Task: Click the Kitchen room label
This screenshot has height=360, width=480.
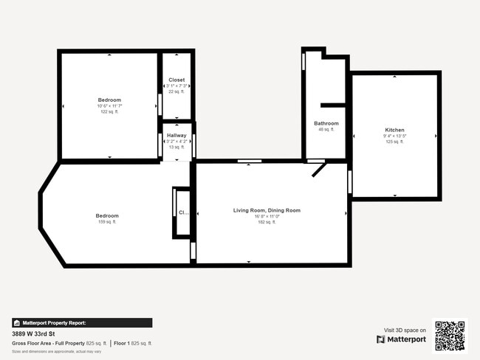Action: point(394,130)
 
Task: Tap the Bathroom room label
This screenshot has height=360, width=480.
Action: point(326,123)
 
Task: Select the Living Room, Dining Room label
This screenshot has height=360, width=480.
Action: point(267,210)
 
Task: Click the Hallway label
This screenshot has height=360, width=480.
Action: point(176,135)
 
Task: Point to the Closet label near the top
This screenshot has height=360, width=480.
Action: point(176,80)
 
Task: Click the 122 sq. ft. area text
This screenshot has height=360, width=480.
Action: point(109,111)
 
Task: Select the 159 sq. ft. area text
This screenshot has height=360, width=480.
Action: point(106,221)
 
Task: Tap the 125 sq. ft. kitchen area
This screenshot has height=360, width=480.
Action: point(394,142)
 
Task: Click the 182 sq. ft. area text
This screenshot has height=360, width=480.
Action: point(267,222)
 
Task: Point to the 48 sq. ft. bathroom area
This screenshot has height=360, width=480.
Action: point(326,129)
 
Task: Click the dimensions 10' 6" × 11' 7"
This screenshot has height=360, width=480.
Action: point(109,105)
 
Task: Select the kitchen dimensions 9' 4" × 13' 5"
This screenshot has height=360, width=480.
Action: point(394,136)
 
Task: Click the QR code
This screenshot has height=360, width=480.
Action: point(450,336)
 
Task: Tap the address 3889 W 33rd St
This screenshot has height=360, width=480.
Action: point(34,333)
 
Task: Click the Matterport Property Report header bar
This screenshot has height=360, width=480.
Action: point(82,322)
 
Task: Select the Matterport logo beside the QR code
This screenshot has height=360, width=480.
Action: point(401,339)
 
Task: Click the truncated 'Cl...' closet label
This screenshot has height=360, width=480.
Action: point(183,212)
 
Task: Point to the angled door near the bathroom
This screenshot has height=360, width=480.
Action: point(318,170)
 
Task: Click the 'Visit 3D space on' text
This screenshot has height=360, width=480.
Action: point(405,330)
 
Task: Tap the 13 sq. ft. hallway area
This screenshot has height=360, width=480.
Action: point(176,147)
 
